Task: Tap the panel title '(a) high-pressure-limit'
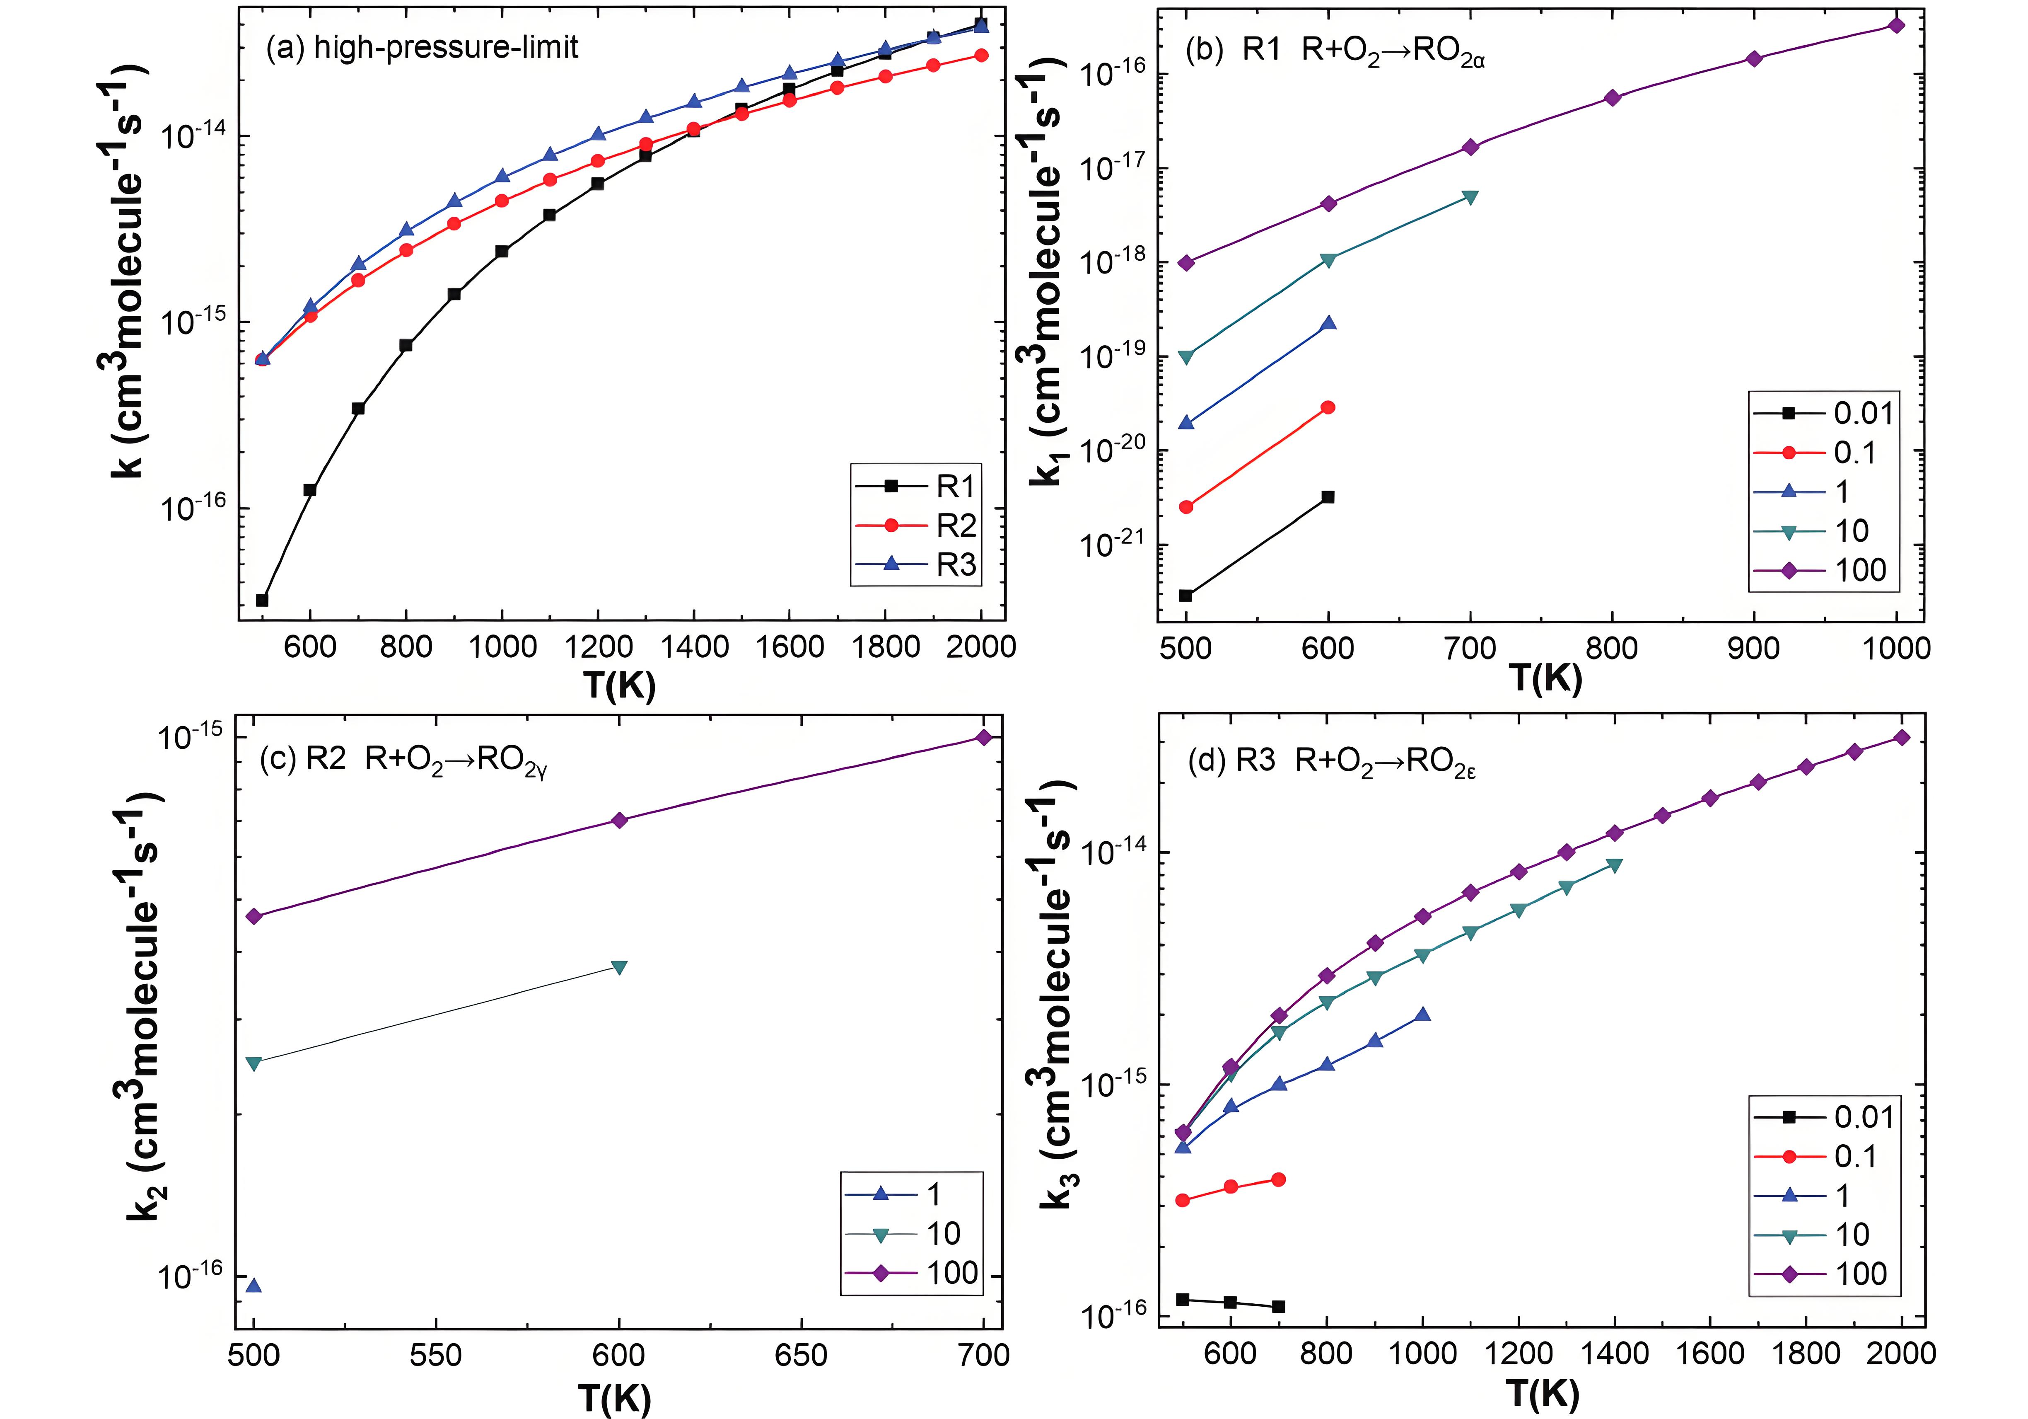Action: click(422, 47)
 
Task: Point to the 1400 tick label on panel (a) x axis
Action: click(694, 647)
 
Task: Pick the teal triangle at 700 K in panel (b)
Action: click(1470, 197)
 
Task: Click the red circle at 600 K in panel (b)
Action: click(1328, 407)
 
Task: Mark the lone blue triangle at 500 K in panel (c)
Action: click(254, 1285)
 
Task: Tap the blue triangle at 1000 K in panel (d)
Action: click(1422, 1015)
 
